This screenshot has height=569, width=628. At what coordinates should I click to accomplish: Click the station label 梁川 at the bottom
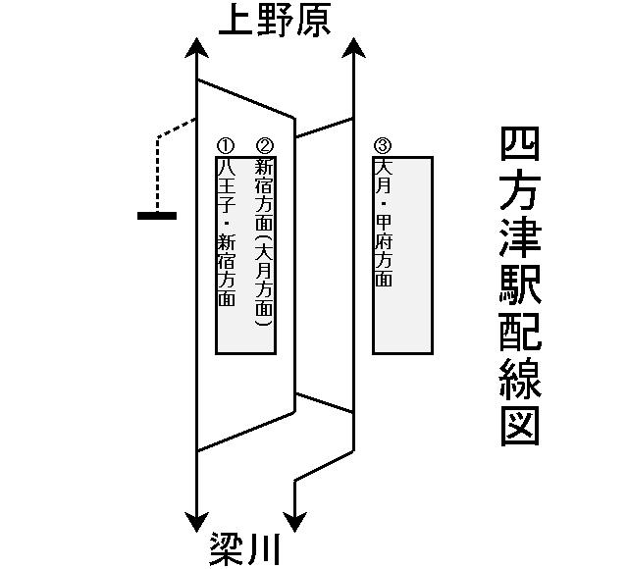click(245, 548)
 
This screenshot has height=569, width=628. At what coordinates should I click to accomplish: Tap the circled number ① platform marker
click(226, 146)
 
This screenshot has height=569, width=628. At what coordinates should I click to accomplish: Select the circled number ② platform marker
click(262, 146)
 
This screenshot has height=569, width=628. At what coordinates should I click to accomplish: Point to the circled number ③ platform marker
click(383, 146)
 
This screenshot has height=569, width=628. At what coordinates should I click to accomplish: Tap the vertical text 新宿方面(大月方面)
click(263, 241)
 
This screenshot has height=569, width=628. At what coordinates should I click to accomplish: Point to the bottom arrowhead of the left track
click(197, 521)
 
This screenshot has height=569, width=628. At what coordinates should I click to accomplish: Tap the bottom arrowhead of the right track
click(295, 521)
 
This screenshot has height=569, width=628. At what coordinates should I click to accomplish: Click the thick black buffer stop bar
click(157, 215)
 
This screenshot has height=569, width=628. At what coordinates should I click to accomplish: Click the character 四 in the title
click(520, 144)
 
